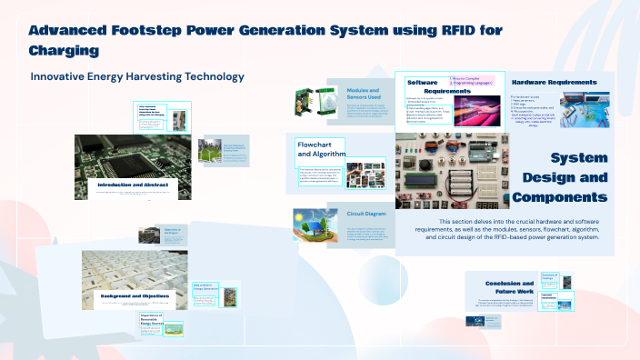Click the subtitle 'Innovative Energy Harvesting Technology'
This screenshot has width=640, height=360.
coord(137,76)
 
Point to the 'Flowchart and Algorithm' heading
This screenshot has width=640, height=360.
coord(321,149)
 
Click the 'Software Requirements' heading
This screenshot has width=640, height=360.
coord(427,87)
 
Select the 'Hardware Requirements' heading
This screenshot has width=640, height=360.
coord(555,83)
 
